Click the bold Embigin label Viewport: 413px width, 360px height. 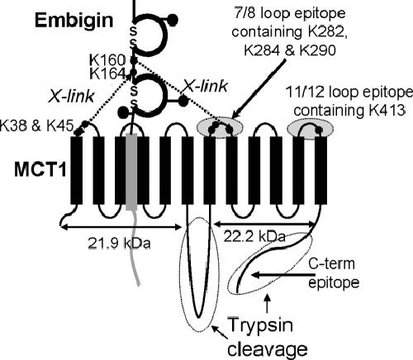click(x=74, y=21)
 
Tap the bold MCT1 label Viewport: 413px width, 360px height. click(x=40, y=170)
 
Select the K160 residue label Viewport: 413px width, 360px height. click(x=107, y=59)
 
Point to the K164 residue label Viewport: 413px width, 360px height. click(x=107, y=73)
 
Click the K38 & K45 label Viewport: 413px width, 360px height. click(x=36, y=126)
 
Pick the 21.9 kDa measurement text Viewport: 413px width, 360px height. click(x=120, y=244)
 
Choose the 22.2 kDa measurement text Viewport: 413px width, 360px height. click(x=254, y=237)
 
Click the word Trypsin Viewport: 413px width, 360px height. click(x=261, y=325)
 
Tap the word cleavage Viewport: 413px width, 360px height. click(x=268, y=349)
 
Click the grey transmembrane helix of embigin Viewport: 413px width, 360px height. click(x=131, y=173)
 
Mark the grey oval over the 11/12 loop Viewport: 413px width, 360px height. click(x=311, y=129)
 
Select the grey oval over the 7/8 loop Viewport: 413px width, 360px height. click(x=220, y=128)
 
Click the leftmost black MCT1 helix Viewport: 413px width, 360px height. click(x=77, y=170)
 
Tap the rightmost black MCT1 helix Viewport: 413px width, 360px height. click(x=320, y=170)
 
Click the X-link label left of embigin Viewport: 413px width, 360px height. click(x=71, y=97)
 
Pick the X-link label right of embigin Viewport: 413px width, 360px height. click(x=206, y=86)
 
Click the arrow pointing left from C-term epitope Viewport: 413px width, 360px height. click(x=283, y=275)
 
